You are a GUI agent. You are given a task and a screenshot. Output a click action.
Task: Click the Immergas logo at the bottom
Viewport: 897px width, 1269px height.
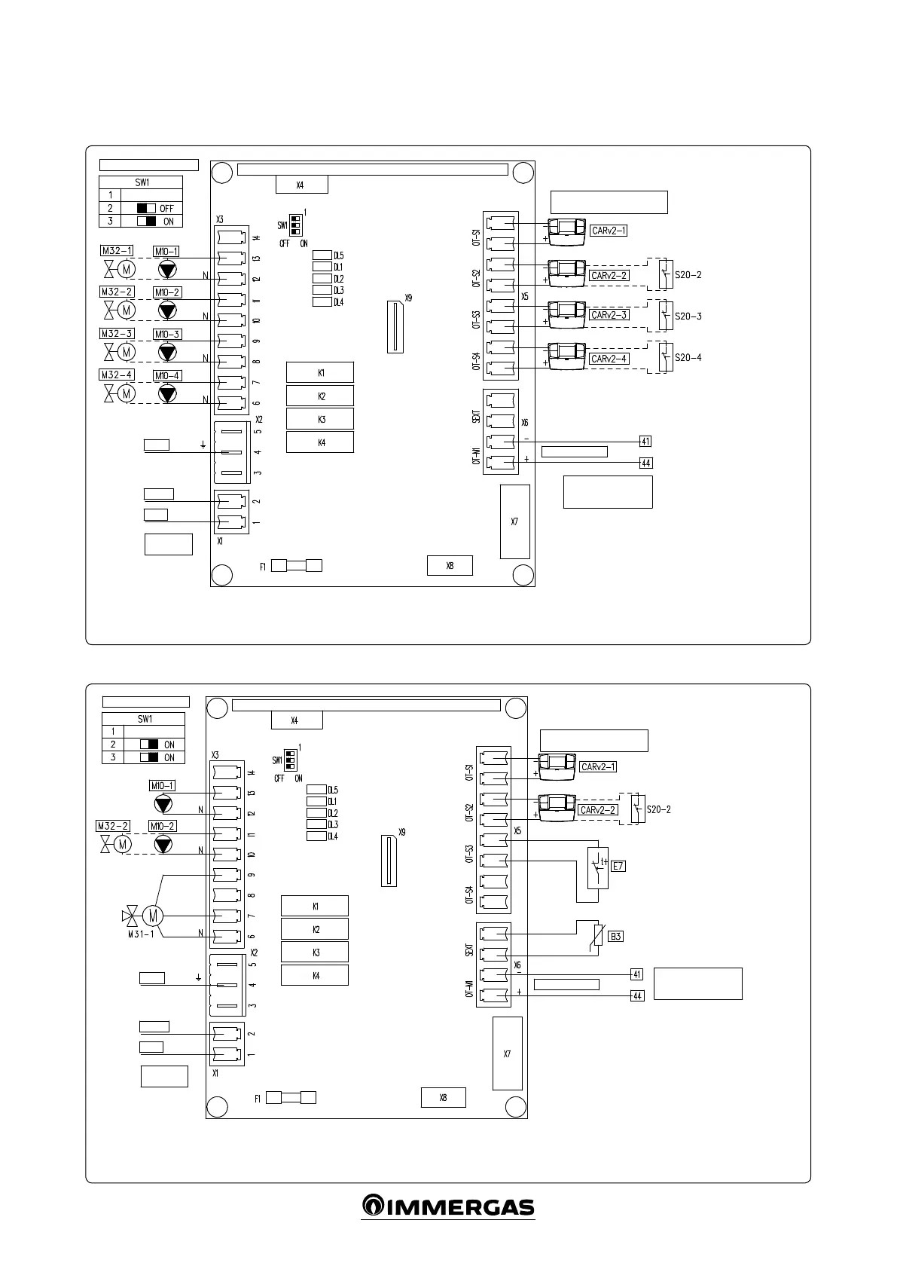(448, 1206)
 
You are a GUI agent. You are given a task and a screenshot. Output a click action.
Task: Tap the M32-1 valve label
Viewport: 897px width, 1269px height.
(117, 250)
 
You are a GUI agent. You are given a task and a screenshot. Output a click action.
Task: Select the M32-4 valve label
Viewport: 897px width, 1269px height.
(117, 375)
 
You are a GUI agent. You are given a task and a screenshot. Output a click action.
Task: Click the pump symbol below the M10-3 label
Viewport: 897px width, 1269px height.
(167, 351)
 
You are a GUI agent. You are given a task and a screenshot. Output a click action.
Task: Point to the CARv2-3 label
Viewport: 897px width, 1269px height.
(609, 316)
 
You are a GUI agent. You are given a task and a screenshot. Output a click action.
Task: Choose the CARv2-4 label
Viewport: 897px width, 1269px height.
(609, 359)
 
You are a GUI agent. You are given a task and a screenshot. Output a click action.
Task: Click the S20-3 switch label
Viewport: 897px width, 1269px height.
(688, 316)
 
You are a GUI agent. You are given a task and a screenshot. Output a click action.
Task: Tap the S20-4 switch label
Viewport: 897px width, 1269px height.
(688, 358)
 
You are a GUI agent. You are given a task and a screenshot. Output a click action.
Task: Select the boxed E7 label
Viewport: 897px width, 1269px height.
(618, 866)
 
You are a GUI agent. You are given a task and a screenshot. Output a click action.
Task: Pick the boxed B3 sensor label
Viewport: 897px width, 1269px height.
(616, 937)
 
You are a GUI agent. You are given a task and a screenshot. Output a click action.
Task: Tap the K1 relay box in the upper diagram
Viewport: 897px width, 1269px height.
(320, 373)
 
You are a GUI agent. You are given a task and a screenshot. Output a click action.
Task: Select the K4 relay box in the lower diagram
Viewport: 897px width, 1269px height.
(315, 975)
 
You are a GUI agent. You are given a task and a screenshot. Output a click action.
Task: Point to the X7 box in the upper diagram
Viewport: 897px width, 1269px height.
(514, 521)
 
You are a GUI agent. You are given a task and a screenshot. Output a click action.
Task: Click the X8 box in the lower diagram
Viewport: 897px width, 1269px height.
(443, 1098)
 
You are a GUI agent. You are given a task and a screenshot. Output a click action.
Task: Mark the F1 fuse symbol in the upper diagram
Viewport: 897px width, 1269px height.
(296, 566)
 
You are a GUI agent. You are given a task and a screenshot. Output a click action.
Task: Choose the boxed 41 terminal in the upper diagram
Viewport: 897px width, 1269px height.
(645, 442)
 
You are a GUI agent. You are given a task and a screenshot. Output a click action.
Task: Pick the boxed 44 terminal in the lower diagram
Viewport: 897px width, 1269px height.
(637, 995)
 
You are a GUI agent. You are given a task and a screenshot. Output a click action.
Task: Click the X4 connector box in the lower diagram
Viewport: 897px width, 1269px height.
(297, 720)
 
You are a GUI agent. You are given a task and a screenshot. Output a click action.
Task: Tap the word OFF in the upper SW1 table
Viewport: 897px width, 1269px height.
(166, 209)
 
